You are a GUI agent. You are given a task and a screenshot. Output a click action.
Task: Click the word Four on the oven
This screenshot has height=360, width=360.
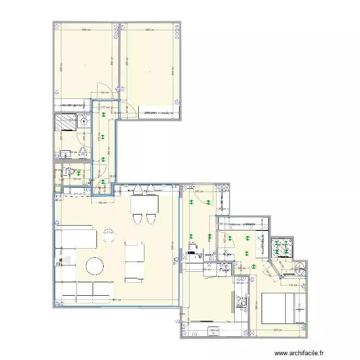pos(225,270)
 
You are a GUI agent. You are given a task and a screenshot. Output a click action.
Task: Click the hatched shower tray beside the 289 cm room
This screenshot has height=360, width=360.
pos(66,123)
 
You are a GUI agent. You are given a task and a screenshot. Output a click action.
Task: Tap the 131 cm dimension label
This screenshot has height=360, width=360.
pos(78,193)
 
